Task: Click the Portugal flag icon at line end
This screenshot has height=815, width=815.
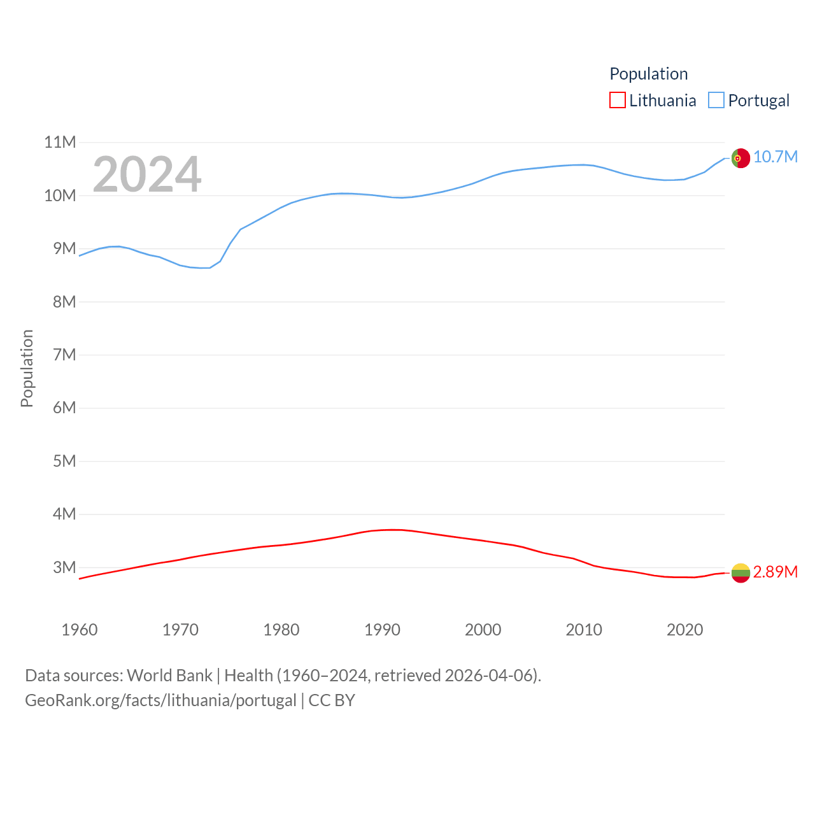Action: coord(741,158)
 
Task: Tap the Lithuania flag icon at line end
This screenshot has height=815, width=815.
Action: coord(741,573)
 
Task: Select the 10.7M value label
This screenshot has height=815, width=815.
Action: coord(776,157)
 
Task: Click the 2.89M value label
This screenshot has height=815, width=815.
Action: coord(776,572)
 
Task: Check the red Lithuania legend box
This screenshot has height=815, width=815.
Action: coord(618,101)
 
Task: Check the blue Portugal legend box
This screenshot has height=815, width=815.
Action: coord(716,101)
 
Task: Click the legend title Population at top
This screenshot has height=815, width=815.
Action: coord(648,74)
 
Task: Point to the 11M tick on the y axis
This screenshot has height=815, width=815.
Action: coord(60,142)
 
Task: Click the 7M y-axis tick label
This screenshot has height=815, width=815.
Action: coord(64,355)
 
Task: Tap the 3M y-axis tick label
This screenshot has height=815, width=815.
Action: coord(64,567)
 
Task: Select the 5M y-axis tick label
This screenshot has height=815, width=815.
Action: coord(64,461)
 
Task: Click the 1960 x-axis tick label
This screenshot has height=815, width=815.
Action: coord(80,630)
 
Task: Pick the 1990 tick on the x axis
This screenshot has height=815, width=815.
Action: coord(382,630)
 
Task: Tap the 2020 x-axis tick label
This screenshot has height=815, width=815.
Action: coord(684,630)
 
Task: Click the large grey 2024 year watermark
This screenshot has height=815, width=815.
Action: coord(147,174)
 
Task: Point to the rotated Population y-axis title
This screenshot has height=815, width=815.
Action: coord(27,368)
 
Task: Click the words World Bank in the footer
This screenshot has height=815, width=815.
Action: coord(169,675)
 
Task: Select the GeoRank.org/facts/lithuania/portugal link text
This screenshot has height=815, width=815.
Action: coord(160,700)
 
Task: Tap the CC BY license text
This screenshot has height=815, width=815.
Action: coord(332,700)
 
